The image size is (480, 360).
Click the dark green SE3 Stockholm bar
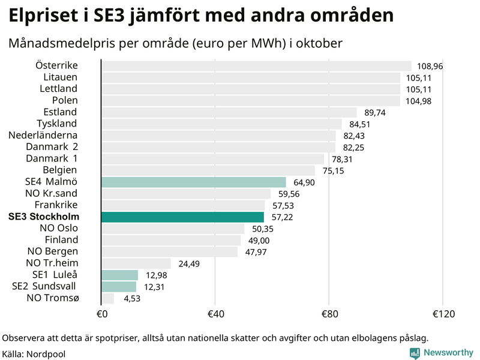pos(182,217)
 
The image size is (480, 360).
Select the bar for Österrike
pos(256,66)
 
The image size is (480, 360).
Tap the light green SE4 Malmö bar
pos(194,182)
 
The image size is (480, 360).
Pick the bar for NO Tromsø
pos(107,298)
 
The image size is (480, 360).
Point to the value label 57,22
pos(281,217)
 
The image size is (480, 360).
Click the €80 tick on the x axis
pos(329,314)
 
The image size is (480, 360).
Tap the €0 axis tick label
pos(101,314)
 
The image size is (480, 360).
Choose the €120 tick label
pos(442,314)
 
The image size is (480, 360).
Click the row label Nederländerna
pos(43,135)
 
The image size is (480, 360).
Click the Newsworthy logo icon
pos(415,353)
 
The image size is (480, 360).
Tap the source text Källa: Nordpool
pos(34,354)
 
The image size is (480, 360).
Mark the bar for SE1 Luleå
pos(119,275)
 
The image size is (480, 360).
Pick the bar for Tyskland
pos(221,124)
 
